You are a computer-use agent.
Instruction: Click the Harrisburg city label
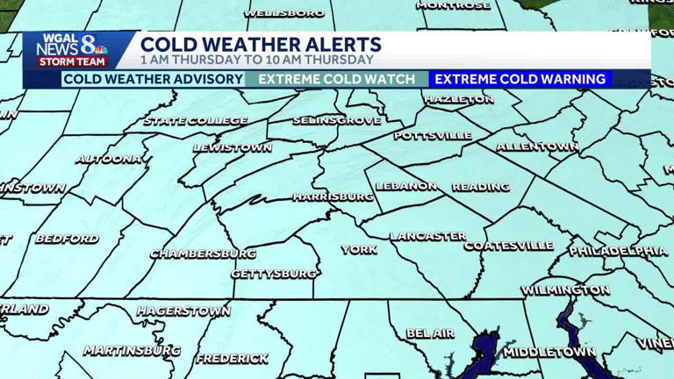point(333,197)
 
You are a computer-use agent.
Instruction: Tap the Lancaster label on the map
point(427,236)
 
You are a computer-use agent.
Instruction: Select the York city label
point(359,250)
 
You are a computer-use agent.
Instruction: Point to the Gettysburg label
point(274,274)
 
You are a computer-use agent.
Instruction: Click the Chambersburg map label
point(203,254)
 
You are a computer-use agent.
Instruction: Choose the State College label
point(195,121)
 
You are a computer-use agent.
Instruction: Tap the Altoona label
point(109,159)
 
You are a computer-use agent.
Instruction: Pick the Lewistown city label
point(232,147)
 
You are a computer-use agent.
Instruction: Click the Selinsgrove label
point(337,120)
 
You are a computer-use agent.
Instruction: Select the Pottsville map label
point(433,136)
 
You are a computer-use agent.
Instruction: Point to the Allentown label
point(537,147)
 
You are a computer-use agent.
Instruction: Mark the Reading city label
point(480,187)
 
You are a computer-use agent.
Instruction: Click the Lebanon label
point(406,186)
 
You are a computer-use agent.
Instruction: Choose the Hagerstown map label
point(183,311)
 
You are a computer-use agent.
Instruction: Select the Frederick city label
point(232,358)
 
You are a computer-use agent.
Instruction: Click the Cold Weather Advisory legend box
point(153,79)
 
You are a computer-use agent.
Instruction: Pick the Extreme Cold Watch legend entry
point(337,79)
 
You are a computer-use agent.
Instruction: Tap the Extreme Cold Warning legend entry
point(520,79)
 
